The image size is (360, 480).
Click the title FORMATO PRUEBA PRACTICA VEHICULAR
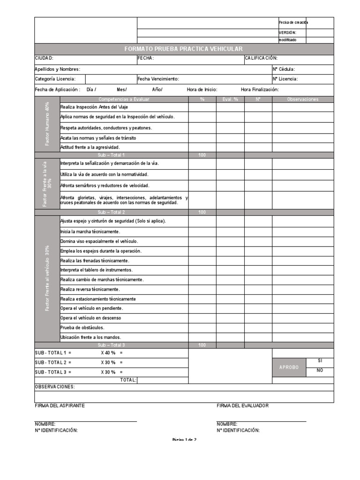(183, 49)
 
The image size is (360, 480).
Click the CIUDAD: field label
(44, 58)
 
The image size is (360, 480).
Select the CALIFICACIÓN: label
(261, 58)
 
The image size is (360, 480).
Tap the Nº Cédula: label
(284, 69)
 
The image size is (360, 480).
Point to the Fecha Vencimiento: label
(158, 79)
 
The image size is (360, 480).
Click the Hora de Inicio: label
(202, 90)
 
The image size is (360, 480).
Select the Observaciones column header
(303, 99)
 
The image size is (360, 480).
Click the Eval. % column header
(230, 99)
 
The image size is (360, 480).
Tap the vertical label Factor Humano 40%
(47, 124)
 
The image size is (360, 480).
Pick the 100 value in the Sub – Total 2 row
(202, 212)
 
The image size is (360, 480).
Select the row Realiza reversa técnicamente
(90, 289)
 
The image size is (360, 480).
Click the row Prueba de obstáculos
(82, 328)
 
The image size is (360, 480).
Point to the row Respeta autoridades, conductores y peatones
(106, 127)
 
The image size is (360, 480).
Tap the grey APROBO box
(289, 367)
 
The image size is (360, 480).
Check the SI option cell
(319, 361)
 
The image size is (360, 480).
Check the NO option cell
(319, 370)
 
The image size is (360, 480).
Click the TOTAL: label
(128, 380)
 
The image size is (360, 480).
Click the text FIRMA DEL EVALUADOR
(243, 405)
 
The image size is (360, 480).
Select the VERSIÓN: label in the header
(287, 33)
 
